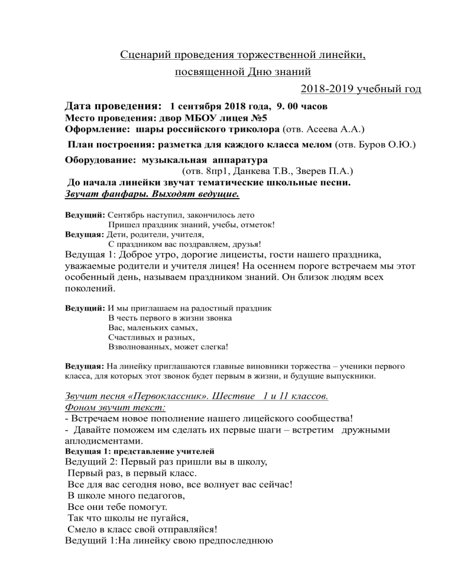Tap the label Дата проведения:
click(x=113, y=106)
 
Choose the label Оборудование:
click(x=98, y=160)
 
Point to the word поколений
click(x=85, y=290)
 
